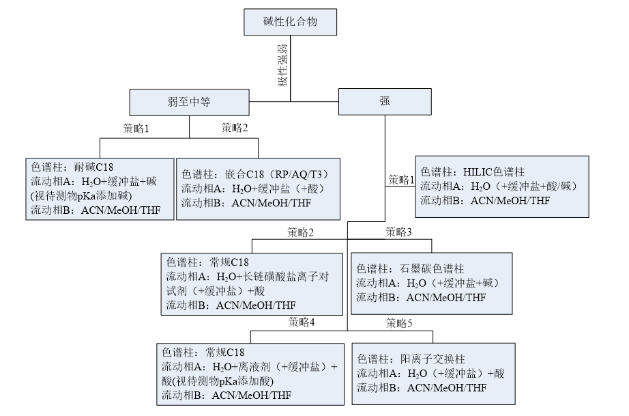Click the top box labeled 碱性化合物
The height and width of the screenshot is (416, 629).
point(290,24)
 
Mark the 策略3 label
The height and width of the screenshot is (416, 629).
point(398,232)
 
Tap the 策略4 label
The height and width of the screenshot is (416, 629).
point(301,322)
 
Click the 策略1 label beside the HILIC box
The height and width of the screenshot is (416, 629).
point(402,180)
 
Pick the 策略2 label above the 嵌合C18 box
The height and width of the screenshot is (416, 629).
point(235,127)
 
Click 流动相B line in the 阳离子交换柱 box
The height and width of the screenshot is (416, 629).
point(422,388)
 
